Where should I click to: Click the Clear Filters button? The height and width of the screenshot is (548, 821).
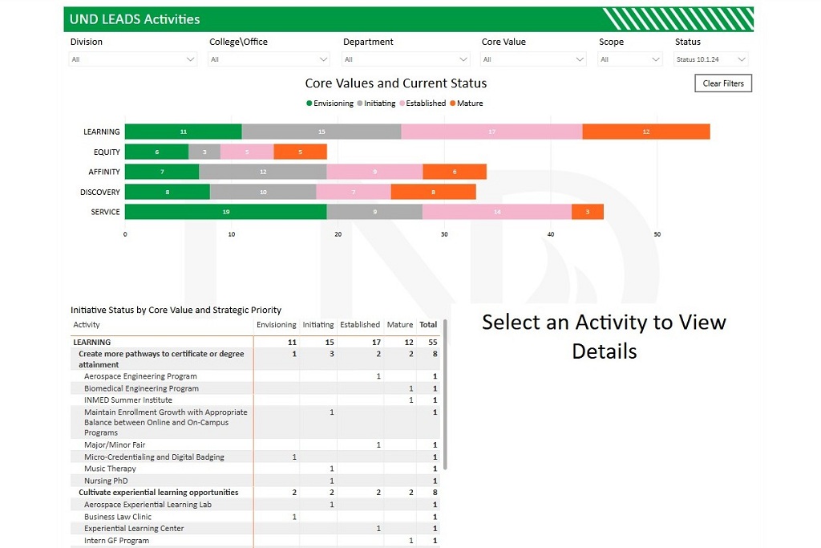[x=722, y=83]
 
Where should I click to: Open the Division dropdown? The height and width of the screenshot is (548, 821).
[x=133, y=59]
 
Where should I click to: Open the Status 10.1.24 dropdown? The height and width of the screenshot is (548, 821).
[x=711, y=59]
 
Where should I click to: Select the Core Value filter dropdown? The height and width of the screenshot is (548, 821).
[x=533, y=59]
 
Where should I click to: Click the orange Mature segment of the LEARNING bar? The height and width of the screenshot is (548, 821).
[x=645, y=132]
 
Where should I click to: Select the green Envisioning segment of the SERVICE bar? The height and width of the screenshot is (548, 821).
[x=225, y=212]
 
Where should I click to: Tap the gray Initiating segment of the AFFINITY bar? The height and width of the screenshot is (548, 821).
[x=262, y=172]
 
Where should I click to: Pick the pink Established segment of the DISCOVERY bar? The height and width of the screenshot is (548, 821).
[x=353, y=192]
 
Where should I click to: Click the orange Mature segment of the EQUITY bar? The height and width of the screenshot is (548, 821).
[x=300, y=152]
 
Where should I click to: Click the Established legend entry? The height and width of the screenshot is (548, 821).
[x=425, y=104]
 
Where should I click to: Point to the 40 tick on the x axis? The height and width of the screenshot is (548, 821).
[x=551, y=234]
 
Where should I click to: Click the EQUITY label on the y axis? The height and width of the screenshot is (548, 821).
[x=107, y=152]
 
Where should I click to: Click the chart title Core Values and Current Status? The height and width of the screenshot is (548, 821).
[x=395, y=83]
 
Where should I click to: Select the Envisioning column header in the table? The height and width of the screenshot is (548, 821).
[x=276, y=325]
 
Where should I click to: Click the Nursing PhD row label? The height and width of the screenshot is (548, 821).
[x=106, y=481]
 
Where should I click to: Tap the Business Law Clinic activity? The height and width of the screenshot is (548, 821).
[x=117, y=517]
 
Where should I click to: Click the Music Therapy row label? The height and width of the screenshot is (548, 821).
[x=110, y=469]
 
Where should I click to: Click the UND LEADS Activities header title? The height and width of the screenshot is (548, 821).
[x=135, y=19]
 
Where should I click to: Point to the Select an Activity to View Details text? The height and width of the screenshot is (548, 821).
[x=604, y=336]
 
